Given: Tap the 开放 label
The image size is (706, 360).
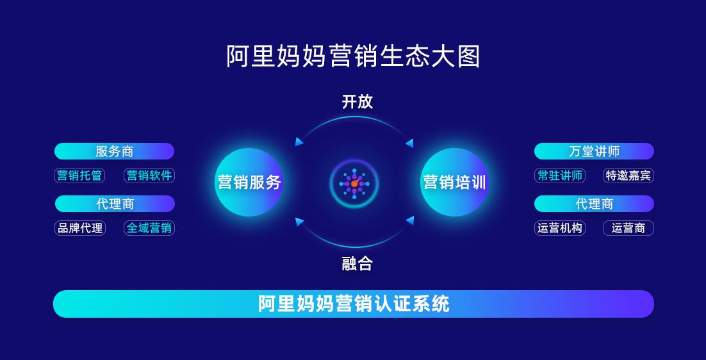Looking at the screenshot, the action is click(x=357, y=102).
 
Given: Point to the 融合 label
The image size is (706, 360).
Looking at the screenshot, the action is click(x=357, y=264).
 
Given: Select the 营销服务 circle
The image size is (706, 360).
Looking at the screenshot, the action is click(x=249, y=183).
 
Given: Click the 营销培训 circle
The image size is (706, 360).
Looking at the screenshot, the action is click(x=454, y=183).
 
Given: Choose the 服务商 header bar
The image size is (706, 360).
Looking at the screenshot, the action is click(x=115, y=151).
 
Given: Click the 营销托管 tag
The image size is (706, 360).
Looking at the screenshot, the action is click(x=79, y=176).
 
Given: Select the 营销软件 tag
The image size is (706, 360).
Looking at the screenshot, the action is click(x=149, y=176).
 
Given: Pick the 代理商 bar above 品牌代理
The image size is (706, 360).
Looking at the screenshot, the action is click(x=115, y=204).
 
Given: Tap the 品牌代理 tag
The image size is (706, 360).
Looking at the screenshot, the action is click(x=79, y=228).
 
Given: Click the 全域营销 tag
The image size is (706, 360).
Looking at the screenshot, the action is click(x=149, y=228).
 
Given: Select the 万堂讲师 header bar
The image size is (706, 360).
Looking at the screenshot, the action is click(x=594, y=151).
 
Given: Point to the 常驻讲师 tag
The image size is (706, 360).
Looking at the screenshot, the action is click(x=560, y=176).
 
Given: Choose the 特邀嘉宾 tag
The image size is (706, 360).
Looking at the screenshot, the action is click(x=628, y=176).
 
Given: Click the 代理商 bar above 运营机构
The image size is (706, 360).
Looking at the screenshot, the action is click(x=594, y=204).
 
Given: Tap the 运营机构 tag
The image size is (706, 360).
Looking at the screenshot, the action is click(x=560, y=228).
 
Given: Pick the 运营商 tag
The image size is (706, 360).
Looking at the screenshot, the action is click(x=628, y=228).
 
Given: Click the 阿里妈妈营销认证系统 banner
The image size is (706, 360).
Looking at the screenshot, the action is click(x=354, y=304).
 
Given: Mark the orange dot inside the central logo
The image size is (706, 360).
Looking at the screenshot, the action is click(x=356, y=183).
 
